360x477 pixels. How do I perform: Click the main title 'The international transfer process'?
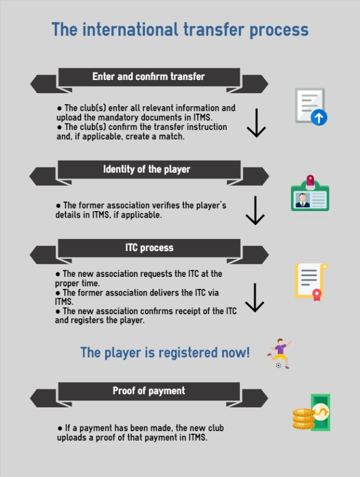tap(180, 30)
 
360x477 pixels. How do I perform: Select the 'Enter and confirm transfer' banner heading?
tap(148, 76)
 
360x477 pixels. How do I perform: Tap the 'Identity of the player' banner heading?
tap(146, 169)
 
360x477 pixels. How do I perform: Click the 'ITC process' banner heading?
tap(149, 248)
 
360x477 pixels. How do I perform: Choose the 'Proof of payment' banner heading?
tap(148, 390)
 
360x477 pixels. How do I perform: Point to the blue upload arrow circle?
tap(319, 118)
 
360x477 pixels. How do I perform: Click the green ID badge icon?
tap(310, 193)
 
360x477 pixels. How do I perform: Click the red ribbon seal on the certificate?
tap(317, 295)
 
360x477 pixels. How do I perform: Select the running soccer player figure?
tap(279, 354)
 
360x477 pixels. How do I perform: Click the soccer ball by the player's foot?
tap(278, 365)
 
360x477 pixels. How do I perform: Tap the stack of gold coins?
tap(304, 419)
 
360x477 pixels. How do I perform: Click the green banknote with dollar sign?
tap(321, 412)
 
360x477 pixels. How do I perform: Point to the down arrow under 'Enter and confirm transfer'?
tap(256, 123)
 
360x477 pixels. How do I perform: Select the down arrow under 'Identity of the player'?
tap(255, 211)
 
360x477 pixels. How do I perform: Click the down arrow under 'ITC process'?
tap(254, 298)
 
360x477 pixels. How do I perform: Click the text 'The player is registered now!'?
tap(165, 353)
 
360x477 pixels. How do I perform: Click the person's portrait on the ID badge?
tap(302, 200)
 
